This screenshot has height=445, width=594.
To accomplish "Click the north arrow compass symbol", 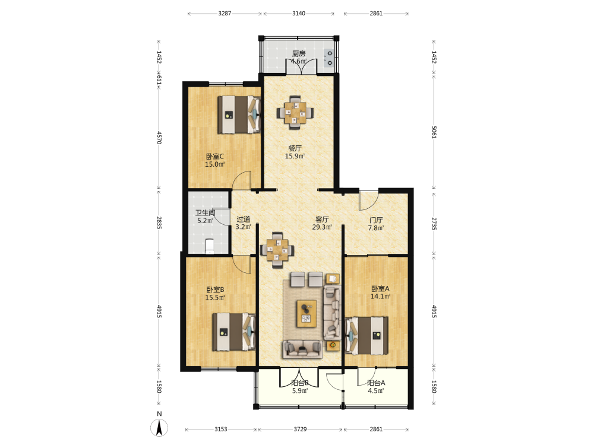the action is coord(159,428).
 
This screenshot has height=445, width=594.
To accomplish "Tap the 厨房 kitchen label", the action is coord(299,54).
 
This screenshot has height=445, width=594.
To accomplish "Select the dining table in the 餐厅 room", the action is coord(295,113).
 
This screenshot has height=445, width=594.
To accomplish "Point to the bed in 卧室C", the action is coord(239,115).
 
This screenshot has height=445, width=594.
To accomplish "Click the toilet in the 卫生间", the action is coord(210,246).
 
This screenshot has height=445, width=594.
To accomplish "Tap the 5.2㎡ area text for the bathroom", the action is coord(206,221).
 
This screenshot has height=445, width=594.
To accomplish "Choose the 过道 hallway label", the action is coord(243,219).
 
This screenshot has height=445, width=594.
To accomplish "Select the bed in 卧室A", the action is coord(366,336).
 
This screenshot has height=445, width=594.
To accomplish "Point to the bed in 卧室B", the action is coord(233,332).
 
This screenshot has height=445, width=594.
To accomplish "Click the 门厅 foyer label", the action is coord(376,220).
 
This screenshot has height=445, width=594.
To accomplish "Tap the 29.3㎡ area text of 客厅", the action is coord(322,227).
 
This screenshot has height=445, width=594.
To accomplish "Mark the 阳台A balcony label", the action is coord(376,383).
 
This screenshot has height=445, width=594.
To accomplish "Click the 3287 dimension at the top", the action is coord(225,14).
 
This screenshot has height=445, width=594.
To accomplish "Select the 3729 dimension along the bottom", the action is coord(300,429).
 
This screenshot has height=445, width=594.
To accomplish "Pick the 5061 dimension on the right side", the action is coord(434,132).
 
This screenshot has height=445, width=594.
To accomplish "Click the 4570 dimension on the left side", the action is coord(159,138).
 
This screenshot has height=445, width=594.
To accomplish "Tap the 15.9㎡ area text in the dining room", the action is coord(295,156).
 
